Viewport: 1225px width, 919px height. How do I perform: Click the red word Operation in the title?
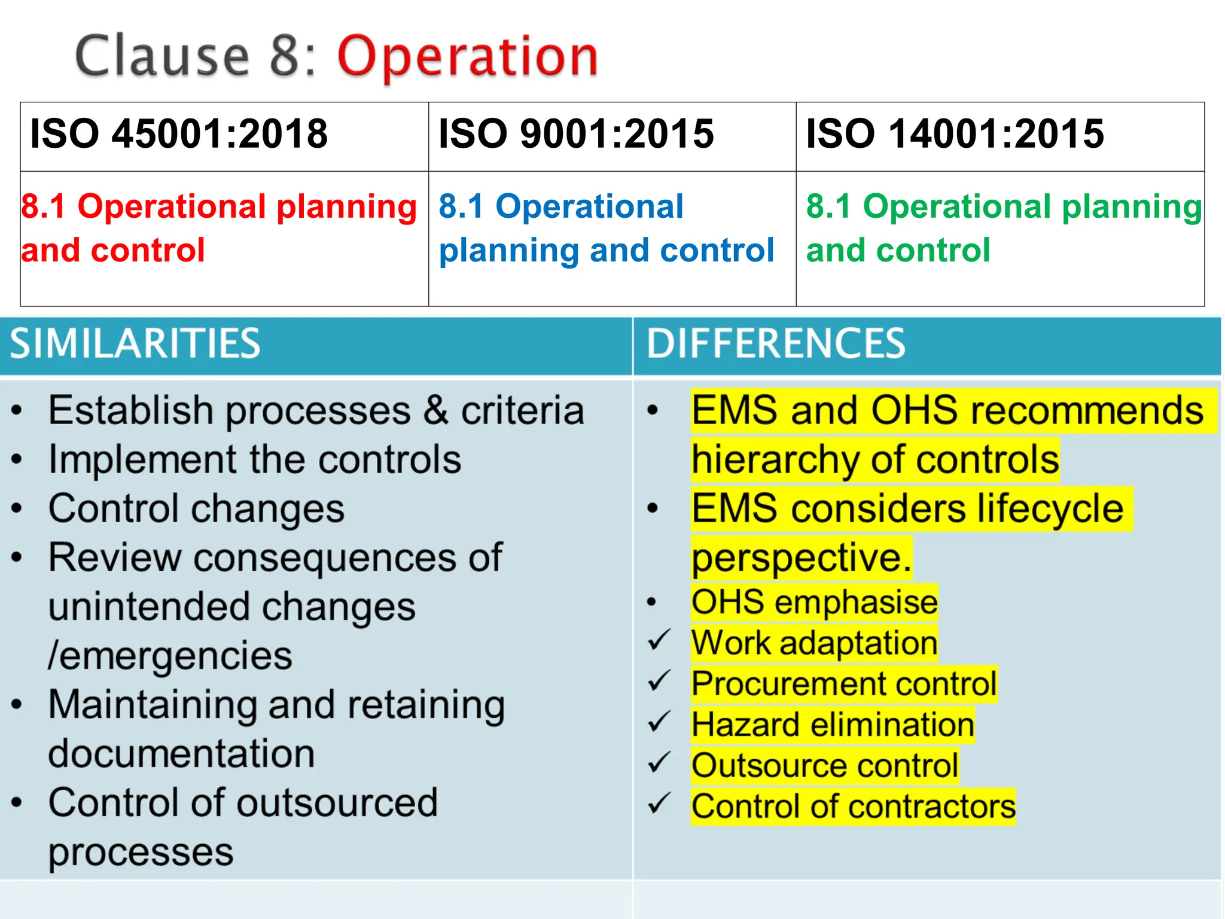[x=468, y=57]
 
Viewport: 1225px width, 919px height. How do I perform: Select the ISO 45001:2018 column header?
[x=179, y=133]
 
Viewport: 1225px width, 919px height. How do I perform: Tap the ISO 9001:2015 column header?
[x=576, y=133]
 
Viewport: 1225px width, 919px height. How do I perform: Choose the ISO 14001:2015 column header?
[x=955, y=133]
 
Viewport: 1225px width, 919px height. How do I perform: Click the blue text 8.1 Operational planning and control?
[x=605, y=228]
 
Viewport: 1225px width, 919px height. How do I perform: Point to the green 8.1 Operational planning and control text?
[x=1002, y=228]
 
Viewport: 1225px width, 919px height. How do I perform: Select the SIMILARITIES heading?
[x=135, y=344]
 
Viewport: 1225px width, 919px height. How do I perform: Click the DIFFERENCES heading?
[x=776, y=344]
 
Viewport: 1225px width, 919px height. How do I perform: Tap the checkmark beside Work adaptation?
[x=659, y=641]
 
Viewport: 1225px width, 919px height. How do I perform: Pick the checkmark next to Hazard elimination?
[x=659, y=723]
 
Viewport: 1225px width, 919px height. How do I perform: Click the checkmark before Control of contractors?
[x=659, y=804]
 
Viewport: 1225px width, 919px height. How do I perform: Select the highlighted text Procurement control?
[x=843, y=684]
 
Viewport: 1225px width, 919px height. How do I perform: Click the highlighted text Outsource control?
[x=824, y=766]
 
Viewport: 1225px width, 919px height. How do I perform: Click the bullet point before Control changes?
[x=17, y=509]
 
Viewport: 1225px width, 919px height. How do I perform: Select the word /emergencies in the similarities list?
[x=170, y=656]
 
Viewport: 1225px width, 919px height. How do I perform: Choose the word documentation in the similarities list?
[x=181, y=754]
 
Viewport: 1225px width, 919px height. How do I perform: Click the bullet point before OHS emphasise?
[x=652, y=602]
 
